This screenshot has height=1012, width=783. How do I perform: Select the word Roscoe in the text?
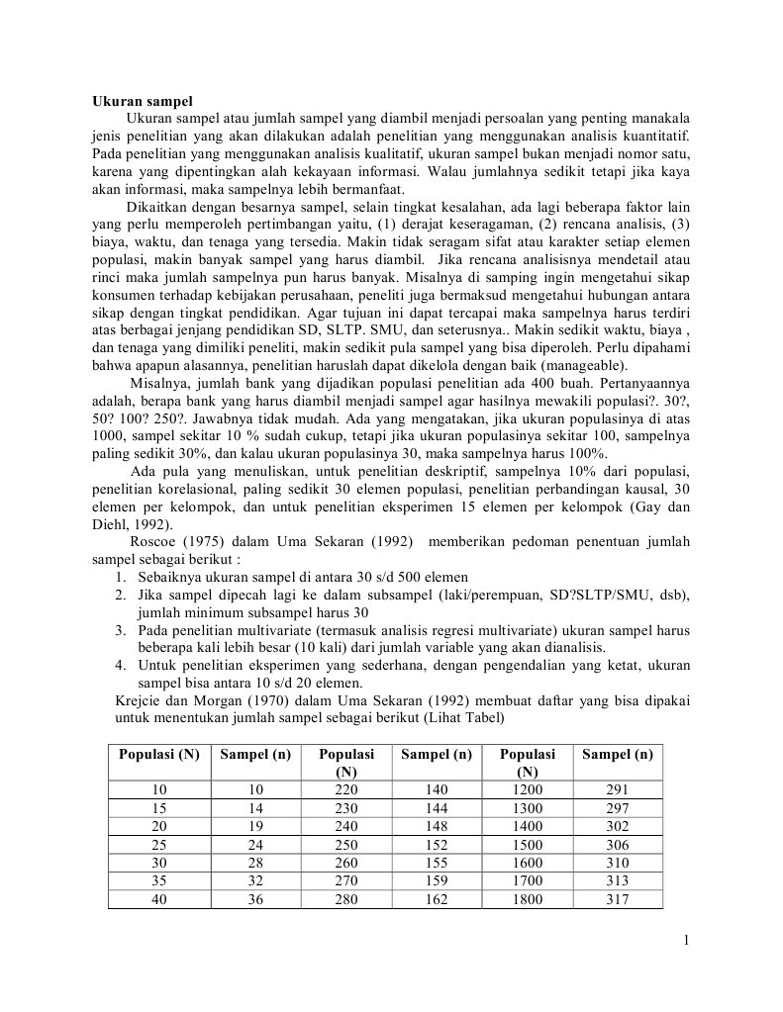click(x=154, y=541)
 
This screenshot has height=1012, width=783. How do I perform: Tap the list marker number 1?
click(x=118, y=577)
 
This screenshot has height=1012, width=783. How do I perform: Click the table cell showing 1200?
click(x=528, y=789)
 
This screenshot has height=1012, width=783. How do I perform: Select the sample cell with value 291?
click(x=617, y=789)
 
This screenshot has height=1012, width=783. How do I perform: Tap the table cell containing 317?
click(x=617, y=900)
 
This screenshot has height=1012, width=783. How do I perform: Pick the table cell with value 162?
click(x=436, y=900)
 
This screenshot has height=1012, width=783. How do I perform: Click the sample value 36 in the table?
click(x=255, y=900)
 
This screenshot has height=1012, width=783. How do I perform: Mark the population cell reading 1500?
click(x=528, y=845)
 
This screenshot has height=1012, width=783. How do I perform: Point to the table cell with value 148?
click(x=436, y=826)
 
